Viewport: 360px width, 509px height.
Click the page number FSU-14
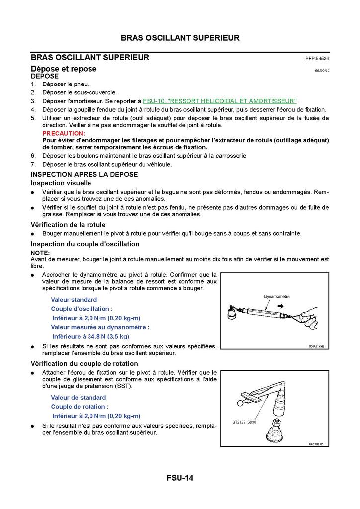coord(180,478)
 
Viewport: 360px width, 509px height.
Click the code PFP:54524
coord(317,58)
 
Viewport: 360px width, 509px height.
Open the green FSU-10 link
coord(220,100)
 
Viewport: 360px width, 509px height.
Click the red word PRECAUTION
coord(64,134)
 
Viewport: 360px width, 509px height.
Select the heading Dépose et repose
coord(64,69)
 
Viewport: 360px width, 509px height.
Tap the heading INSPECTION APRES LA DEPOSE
coord(84,174)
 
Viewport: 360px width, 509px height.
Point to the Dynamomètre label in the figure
coord(276,296)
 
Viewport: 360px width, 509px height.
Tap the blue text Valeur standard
coord(74,300)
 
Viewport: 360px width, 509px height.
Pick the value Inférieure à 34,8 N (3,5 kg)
coord(90,336)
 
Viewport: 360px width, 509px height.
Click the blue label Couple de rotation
coord(80,407)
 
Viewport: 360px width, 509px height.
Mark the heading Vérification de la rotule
coord(68,225)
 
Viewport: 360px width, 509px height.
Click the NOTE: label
coord(40,253)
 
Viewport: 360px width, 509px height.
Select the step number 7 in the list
coord(33,164)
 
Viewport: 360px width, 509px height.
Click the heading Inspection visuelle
coord(61,183)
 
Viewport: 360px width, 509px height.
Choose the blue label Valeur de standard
coord(78,398)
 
